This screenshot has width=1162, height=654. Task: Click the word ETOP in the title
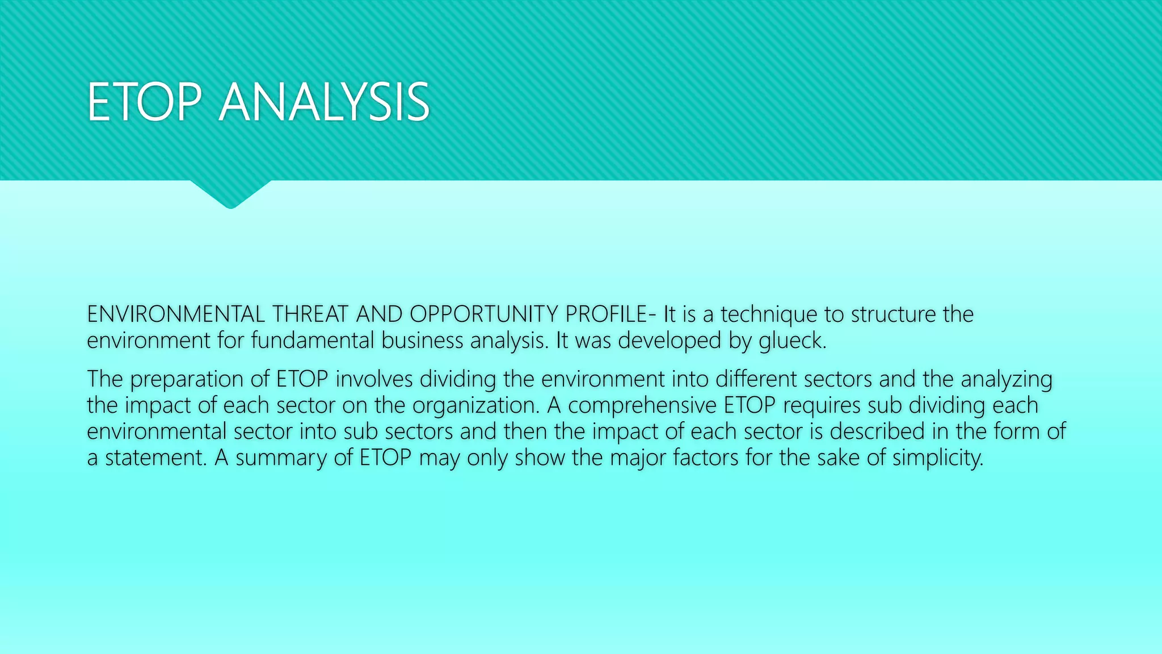pos(145,103)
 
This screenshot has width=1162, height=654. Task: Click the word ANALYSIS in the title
pos(324,103)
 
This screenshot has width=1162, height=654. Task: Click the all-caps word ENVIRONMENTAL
pos(175,314)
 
